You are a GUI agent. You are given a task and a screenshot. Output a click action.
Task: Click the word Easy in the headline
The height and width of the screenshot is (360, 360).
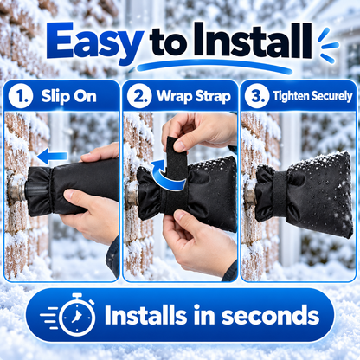[95, 42]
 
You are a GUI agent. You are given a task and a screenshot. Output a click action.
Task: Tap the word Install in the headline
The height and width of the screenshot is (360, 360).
[253, 41]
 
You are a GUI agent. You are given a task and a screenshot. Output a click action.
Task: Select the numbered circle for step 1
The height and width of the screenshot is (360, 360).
[20, 96]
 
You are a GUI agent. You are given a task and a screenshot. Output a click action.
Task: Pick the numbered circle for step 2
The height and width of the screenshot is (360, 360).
[139, 96]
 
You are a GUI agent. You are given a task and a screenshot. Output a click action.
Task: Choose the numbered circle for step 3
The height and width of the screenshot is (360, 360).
[257, 96]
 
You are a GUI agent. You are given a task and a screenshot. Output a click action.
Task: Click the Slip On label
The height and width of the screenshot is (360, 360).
[68, 96]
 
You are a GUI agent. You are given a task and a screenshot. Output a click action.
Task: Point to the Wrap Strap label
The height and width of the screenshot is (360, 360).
[194, 96]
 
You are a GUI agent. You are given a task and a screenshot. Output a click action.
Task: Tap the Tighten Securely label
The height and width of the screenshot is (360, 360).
[312, 96]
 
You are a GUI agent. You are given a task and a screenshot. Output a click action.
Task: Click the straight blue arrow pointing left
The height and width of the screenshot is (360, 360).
[53, 157]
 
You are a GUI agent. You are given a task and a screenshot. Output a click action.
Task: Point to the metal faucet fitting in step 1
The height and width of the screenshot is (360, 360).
[16, 188]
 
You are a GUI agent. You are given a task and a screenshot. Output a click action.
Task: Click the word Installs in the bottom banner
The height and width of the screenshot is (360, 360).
[145, 315]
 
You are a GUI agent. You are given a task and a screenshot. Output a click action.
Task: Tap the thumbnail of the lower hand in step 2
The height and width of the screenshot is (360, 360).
[180, 215]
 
